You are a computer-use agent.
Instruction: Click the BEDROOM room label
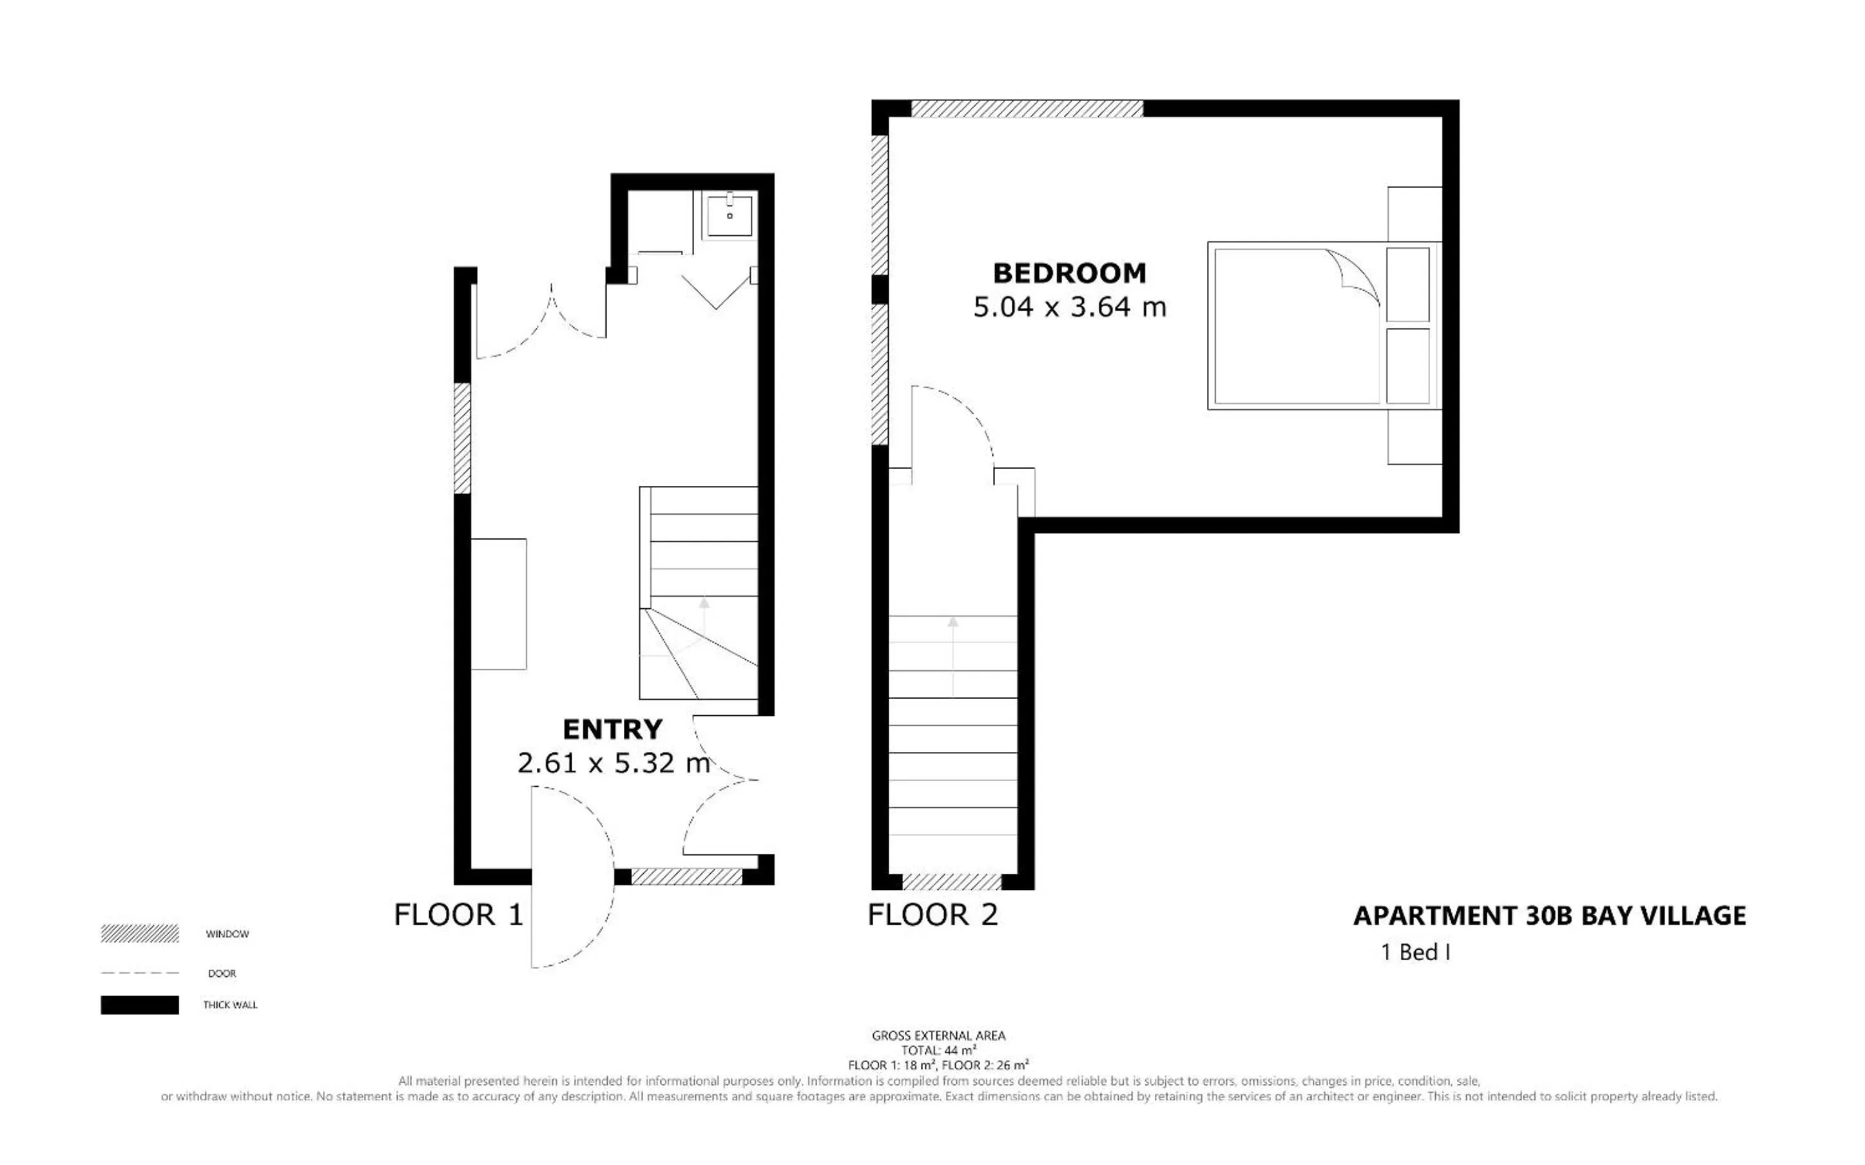click(1069, 273)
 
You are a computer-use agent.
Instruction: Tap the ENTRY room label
click(612, 729)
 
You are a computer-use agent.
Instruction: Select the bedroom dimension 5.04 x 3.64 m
click(1069, 307)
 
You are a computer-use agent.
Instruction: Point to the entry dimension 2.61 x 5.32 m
click(614, 763)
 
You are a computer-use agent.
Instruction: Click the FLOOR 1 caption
click(458, 914)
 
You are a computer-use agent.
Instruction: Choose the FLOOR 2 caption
click(933, 914)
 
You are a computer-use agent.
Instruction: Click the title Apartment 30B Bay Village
click(1549, 916)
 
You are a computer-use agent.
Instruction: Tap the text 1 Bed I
click(1416, 952)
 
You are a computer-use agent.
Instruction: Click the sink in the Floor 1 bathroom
click(729, 214)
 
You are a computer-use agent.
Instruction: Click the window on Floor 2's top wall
click(1027, 109)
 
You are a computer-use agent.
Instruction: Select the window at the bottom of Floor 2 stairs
click(952, 882)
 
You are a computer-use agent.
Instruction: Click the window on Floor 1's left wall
click(461, 438)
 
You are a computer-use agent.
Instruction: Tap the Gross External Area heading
click(938, 1035)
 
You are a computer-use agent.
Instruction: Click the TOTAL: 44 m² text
click(938, 1050)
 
